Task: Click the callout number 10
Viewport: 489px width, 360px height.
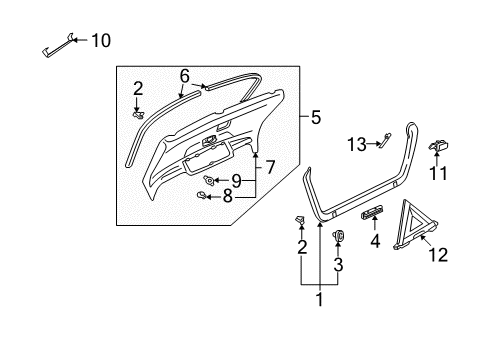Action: [x=101, y=41]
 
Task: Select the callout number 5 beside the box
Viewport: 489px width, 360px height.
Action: [x=316, y=117]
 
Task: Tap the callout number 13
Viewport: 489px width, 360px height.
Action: [x=357, y=145]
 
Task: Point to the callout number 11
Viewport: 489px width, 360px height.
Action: [x=438, y=173]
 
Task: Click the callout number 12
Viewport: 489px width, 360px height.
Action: [x=438, y=255]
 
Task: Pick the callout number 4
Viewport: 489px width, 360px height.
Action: [x=375, y=241]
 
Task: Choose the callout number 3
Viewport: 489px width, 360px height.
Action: [x=338, y=264]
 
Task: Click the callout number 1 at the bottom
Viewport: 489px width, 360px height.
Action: [x=320, y=299]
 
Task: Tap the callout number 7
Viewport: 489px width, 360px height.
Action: [x=270, y=167]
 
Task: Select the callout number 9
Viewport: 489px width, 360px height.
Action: [x=236, y=181]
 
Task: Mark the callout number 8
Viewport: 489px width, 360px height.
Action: [x=228, y=196]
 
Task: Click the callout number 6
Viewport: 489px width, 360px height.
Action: [x=185, y=76]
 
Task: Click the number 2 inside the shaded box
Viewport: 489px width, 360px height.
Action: [x=138, y=89]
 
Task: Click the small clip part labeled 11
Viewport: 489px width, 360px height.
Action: [x=438, y=146]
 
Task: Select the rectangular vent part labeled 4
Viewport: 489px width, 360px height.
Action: [x=372, y=212]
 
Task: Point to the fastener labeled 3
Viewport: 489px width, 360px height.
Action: [x=338, y=235]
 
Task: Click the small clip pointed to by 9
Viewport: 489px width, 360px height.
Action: [x=209, y=180]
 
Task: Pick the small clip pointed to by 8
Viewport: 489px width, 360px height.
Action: [x=202, y=195]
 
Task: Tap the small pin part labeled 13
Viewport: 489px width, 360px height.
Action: [x=386, y=139]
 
